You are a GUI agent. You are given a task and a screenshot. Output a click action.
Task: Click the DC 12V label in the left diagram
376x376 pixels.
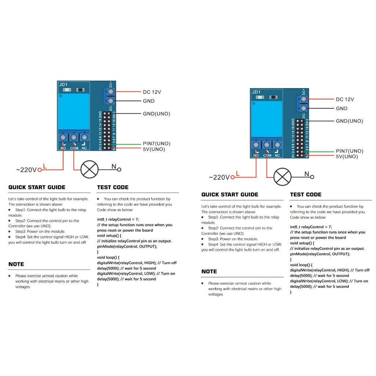(152, 92)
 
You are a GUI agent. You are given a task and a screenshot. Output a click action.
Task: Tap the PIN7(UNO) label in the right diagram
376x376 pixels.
(349, 151)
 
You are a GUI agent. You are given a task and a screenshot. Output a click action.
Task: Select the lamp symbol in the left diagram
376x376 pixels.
(90, 169)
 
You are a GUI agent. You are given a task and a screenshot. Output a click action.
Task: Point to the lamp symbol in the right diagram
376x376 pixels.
(282, 177)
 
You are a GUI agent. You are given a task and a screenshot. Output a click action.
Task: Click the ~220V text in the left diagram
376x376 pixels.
(26, 170)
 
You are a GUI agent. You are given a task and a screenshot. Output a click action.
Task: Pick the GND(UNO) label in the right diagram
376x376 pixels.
(349, 121)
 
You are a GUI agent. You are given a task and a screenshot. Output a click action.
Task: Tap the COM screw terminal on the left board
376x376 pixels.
(74, 137)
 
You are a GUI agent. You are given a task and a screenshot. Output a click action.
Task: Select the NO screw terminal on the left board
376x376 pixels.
(63, 137)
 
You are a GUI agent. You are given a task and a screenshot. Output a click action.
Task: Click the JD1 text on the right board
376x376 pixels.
(256, 92)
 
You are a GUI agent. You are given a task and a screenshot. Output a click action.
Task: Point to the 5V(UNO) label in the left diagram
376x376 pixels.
(154, 149)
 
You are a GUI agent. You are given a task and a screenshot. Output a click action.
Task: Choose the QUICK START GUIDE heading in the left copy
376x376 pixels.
(37, 187)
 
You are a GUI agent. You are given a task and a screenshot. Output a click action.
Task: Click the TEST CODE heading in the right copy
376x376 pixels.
(305, 195)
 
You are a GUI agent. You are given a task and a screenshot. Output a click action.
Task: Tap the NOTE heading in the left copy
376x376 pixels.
(16, 264)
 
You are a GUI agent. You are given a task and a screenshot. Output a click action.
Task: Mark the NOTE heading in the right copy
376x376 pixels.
(209, 272)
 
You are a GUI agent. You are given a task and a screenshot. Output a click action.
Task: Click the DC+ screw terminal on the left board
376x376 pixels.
(110, 92)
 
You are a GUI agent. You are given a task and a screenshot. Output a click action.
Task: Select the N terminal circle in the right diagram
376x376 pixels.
(312, 177)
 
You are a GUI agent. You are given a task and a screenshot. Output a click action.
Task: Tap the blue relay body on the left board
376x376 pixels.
(74, 111)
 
